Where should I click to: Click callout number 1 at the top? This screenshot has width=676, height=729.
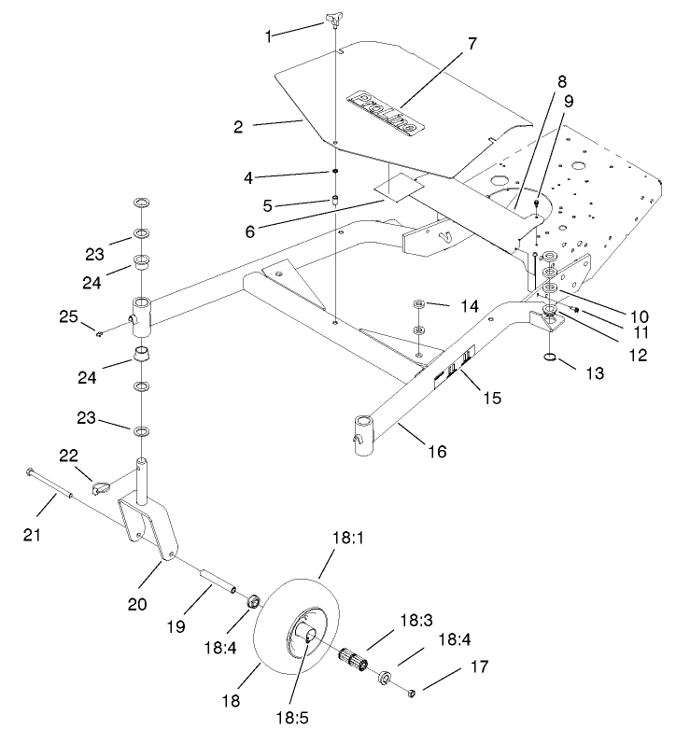270,35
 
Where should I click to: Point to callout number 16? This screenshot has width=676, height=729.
437,452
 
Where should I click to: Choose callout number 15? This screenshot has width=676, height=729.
492,398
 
